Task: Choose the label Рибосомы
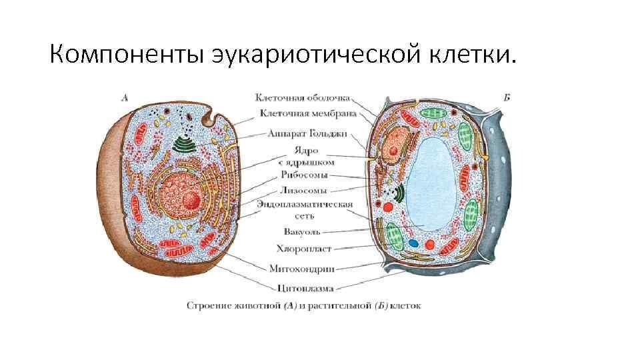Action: coord(303,175)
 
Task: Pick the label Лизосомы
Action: coord(304,189)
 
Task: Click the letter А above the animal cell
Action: coord(124,97)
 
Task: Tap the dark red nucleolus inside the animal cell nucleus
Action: coord(191,199)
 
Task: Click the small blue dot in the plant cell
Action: coord(413,244)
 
